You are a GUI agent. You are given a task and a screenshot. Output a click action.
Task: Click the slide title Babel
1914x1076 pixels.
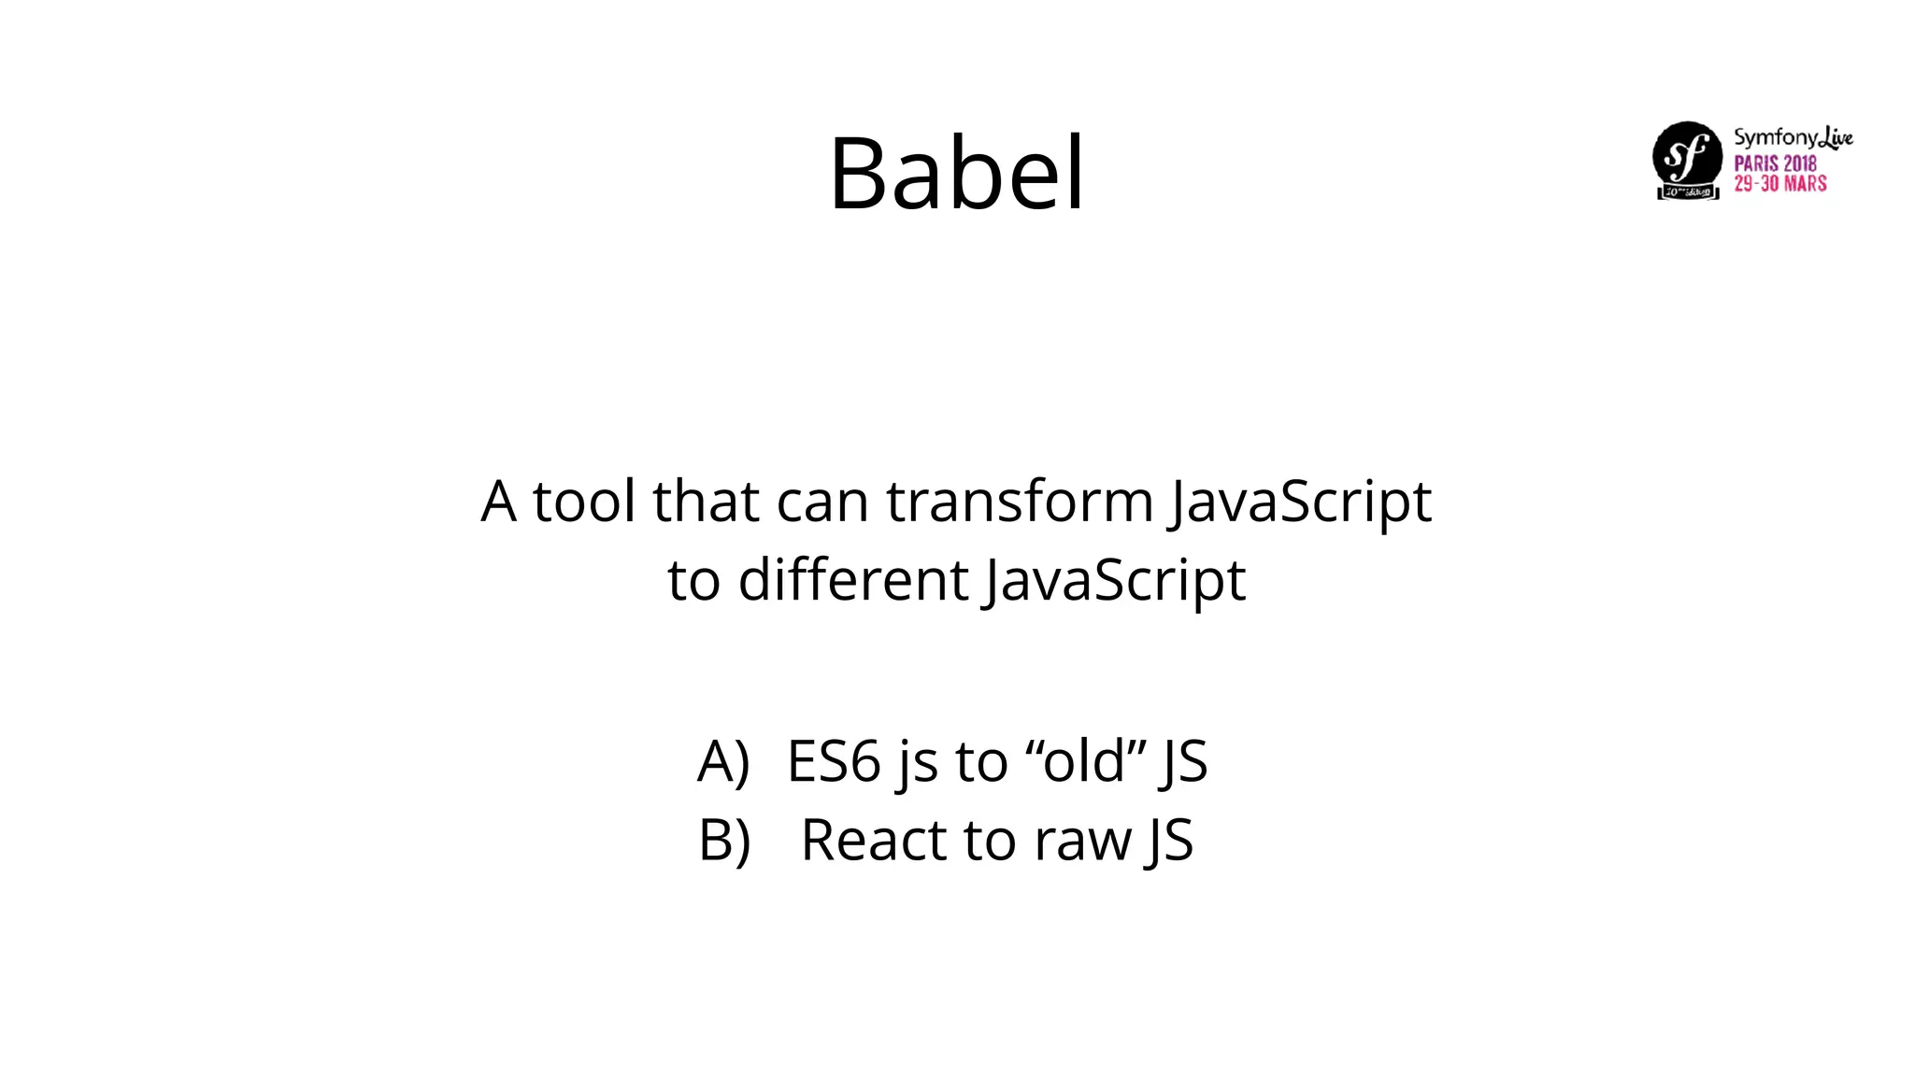[956, 174]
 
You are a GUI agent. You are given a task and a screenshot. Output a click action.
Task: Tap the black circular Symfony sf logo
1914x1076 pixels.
[1687, 157]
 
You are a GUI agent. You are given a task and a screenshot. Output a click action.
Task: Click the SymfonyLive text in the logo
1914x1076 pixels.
[1793, 137]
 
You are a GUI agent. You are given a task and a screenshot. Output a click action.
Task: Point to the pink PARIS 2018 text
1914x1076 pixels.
[1775, 163]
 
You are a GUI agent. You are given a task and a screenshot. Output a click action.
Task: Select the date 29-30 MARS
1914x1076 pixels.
[1780, 183]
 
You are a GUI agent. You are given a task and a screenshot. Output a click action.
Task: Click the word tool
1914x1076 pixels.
[584, 501]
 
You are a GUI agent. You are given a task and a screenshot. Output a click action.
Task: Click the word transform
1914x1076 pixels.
[1020, 501]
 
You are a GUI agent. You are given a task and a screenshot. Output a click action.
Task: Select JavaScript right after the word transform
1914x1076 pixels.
[1300, 503]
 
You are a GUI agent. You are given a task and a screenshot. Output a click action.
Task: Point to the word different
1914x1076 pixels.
[852, 579]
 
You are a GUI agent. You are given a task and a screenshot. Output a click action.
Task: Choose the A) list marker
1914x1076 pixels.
[723, 760]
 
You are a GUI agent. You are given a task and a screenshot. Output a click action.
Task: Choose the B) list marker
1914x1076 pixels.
[724, 840]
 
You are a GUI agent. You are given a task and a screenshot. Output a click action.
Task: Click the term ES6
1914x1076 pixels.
[834, 760]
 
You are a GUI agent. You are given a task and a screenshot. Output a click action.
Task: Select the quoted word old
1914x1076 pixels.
[1084, 760]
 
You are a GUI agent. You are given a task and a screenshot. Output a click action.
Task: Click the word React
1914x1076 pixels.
[874, 840]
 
